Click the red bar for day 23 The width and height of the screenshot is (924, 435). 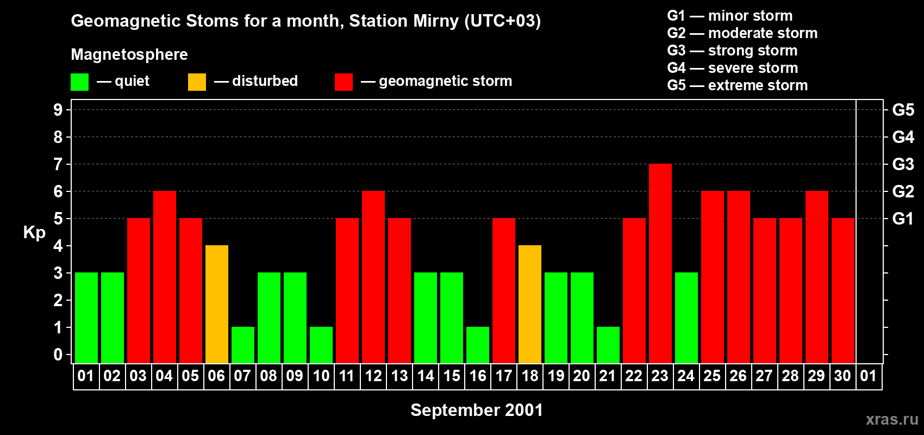tap(660, 263)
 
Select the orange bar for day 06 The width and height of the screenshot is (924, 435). tap(217, 304)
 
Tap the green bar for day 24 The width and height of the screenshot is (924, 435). tap(686, 318)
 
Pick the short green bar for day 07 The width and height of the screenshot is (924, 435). tap(243, 345)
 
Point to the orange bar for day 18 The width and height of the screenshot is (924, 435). tap(530, 304)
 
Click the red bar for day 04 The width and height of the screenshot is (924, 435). tap(165, 277)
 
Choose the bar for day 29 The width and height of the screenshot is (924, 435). tap(817, 277)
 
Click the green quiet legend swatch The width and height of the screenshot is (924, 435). tap(80, 82)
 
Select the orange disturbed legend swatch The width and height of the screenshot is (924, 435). tap(197, 82)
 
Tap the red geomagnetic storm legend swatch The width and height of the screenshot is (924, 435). tap(344, 82)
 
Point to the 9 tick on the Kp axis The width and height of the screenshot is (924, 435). tap(58, 110)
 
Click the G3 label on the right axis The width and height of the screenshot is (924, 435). tap(903, 164)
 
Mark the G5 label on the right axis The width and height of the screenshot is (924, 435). tap(903, 110)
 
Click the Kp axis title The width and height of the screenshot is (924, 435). tap(34, 233)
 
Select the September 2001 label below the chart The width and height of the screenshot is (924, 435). tap(477, 410)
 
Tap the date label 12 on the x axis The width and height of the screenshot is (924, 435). tap(373, 376)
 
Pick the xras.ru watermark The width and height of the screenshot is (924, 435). tap(892, 419)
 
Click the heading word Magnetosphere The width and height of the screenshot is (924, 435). tap(129, 55)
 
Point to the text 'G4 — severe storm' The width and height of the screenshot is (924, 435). tap(733, 68)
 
